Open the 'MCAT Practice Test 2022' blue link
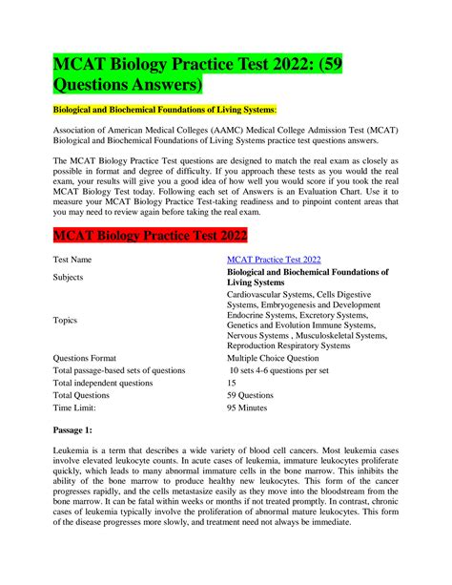[x=273, y=259]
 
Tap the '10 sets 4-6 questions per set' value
[x=290, y=369]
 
